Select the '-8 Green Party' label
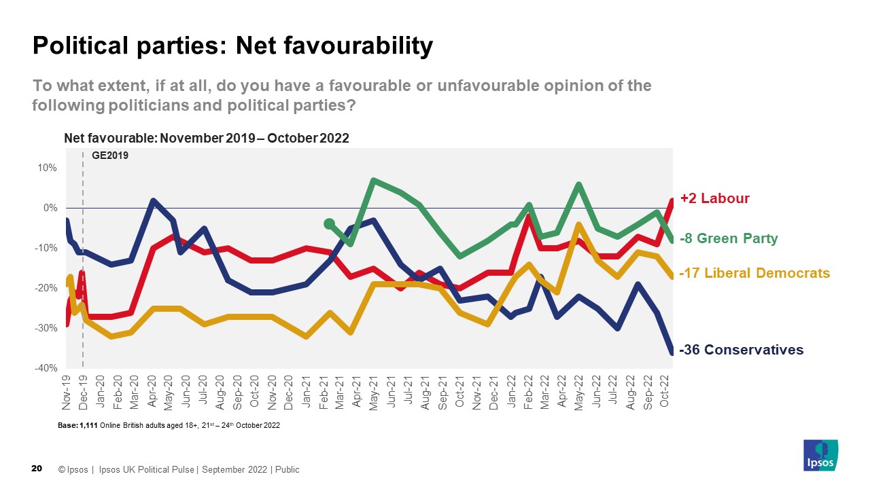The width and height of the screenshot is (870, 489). (x=729, y=238)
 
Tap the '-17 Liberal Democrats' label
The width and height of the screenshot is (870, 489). (x=754, y=273)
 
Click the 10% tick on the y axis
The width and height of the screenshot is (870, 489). (x=47, y=168)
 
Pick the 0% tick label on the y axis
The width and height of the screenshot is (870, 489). (x=49, y=208)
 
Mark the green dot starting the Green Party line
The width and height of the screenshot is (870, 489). (x=330, y=223)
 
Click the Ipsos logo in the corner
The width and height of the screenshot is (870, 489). (x=820, y=455)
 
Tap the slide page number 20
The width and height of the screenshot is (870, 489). (x=37, y=469)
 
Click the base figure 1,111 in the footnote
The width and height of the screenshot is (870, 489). (x=89, y=426)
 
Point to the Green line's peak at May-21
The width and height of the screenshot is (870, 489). (x=374, y=181)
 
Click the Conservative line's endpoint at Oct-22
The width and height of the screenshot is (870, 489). (x=672, y=352)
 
